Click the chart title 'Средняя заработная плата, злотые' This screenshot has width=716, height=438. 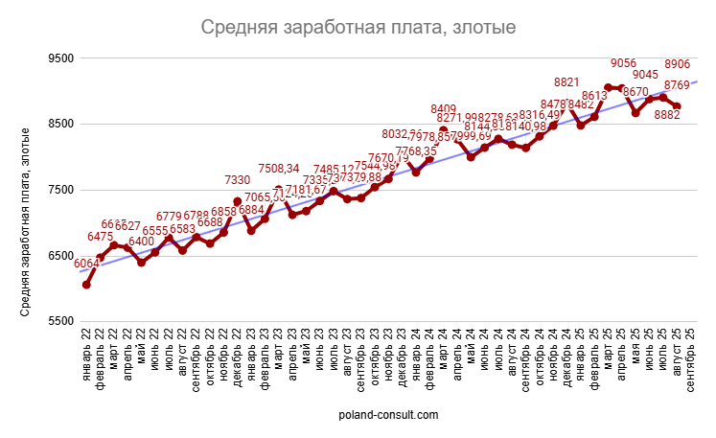click(x=358, y=28)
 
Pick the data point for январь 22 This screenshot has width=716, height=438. click(x=86, y=285)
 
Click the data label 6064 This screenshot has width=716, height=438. click(x=85, y=264)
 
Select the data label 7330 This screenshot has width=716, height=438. click(x=238, y=179)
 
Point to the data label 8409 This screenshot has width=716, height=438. click(x=444, y=108)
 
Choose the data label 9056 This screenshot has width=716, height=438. click(x=624, y=64)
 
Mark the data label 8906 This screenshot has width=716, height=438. click(x=678, y=64)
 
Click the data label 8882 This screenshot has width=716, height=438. click(x=666, y=114)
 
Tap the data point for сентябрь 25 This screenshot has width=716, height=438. click(x=677, y=106)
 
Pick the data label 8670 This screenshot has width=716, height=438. click(x=635, y=92)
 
